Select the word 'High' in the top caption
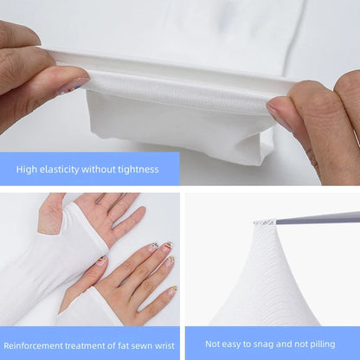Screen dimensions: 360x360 point(26,170)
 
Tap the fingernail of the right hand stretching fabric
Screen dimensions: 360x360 point(279,113)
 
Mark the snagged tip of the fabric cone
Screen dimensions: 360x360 point(264,223)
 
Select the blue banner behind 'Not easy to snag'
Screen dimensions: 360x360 point(272,344)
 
